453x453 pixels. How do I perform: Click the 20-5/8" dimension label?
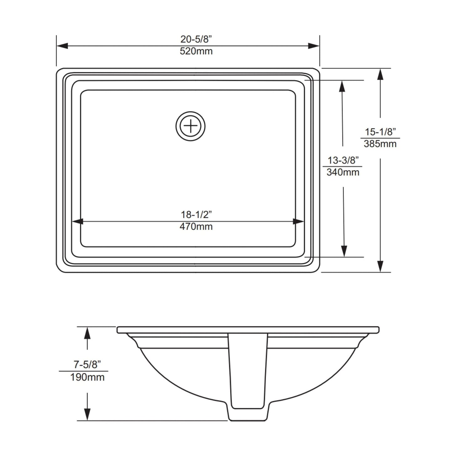pyautogui.click(x=196, y=39)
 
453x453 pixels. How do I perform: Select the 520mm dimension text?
pyautogui.click(x=196, y=51)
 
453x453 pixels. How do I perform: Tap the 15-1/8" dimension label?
pyautogui.click(x=380, y=132)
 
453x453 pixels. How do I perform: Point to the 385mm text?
pyautogui.click(x=380, y=144)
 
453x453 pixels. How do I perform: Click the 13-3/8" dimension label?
pyautogui.click(x=343, y=160)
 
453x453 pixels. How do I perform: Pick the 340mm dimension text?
pyautogui.click(x=343, y=172)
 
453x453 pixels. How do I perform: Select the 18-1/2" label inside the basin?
pyautogui.click(x=196, y=214)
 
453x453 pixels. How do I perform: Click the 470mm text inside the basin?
pyautogui.click(x=196, y=226)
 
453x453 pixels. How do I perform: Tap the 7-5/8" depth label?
pyautogui.click(x=87, y=364)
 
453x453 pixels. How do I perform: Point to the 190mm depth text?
pyautogui.click(x=87, y=377)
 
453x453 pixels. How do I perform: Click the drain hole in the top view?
pyautogui.click(x=190, y=126)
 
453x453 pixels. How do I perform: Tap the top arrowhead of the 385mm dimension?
pyautogui.click(x=380, y=75)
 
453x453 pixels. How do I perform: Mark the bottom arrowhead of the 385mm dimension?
pyautogui.click(x=380, y=266)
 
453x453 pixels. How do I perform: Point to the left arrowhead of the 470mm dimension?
pyautogui.click(x=77, y=221)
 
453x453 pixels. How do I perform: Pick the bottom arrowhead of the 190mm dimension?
pyautogui.click(x=87, y=414)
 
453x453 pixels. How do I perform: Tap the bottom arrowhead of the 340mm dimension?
pyautogui.click(x=344, y=251)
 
